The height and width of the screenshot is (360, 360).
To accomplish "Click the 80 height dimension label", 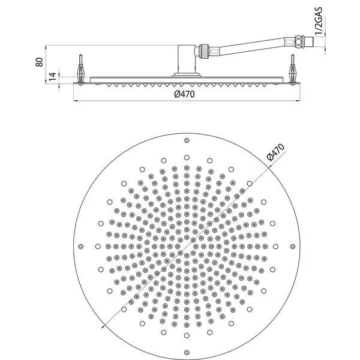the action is point(40,62).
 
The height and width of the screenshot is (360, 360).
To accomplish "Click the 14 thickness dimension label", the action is point(53,76).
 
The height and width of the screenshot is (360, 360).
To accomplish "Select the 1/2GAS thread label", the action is point(319,21).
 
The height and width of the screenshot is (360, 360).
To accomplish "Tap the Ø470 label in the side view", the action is point(184,94).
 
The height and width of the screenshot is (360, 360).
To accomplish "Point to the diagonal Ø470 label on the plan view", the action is point(275,152).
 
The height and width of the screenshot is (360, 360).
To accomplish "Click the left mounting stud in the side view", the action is point(80,70).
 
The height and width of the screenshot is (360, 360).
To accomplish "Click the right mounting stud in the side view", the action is point(293,70).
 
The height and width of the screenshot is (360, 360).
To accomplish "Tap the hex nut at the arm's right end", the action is point(299,41).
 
